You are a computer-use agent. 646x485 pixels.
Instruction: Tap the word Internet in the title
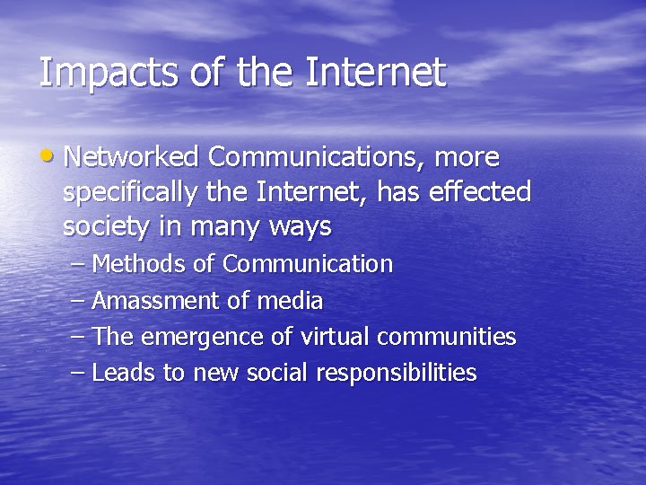(x=374, y=73)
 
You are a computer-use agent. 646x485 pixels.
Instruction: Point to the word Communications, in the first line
(x=317, y=157)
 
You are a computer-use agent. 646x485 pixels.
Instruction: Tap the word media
(x=289, y=301)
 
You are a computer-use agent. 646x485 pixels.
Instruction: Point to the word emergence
(x=198, y=338)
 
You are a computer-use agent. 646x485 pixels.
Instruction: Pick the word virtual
(x=335, y=337)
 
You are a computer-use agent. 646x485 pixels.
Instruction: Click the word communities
(x=447, y=337)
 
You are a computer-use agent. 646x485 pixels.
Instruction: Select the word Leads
(x=124, y=373)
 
